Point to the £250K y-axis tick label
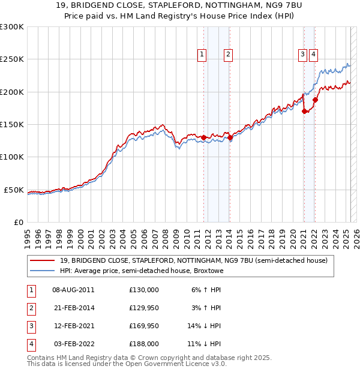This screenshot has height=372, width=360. click(x=11, y=59)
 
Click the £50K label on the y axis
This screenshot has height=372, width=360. click(x=14, y=190)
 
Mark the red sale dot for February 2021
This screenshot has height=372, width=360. click(x=304, y=111)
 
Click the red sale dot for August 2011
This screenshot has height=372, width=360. click(x=203, y=137)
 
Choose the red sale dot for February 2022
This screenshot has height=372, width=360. click(x=315, y=100)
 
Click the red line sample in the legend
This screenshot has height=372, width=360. click(x=43, y=261)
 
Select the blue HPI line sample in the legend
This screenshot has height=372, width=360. click(x=43, y=271)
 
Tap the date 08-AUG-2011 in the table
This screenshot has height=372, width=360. click(x=74, y=290)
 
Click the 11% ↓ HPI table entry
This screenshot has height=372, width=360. click(x=204, y=344)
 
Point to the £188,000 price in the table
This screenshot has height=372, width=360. click(x=144, y=344)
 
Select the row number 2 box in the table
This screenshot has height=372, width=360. click(x=31, y=308)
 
